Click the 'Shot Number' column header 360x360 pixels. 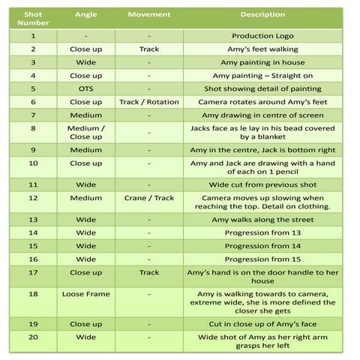coord(33,19)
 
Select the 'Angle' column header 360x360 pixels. coord(86,15)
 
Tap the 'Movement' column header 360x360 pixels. coord(149,15)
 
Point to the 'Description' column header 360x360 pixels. coord(262,15)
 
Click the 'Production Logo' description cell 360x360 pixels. coord(262,36)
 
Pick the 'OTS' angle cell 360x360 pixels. coord(86,88)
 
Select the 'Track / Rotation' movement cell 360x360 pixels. coord(149,102)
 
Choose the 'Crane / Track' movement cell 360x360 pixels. coord(149,198)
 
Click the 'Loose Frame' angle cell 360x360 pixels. coord(86,294)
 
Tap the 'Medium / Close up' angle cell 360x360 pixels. coord(86,133)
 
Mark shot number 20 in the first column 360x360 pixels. coord(33,337)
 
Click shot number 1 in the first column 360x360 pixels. coord(33,36)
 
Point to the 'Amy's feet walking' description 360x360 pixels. coord(262,49)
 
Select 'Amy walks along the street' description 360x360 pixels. coord(262,220)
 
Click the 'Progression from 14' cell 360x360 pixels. coord(262,246)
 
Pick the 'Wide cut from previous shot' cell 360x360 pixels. coord(262,184)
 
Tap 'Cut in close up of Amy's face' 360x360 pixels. coord(262,324)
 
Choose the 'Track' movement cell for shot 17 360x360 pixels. coord(149,273)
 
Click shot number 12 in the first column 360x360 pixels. coord(33,198)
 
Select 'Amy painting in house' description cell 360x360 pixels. coord(262,62)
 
